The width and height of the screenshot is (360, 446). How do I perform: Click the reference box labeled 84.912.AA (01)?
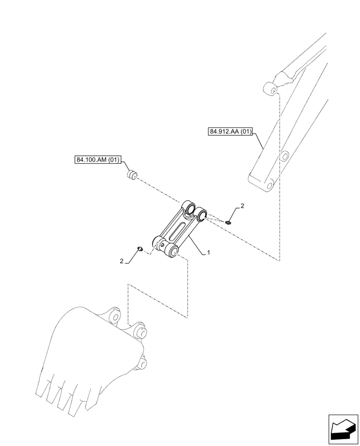coord(230,132)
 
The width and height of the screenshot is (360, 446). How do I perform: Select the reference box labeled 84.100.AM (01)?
coord(97,160)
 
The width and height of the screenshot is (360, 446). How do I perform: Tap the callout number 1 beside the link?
coord(208,253)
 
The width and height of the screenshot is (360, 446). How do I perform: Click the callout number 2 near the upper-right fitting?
coord(242,206)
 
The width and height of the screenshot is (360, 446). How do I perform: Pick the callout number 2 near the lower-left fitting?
coord(121,262)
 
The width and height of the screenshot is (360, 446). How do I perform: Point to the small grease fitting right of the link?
coord(229,221)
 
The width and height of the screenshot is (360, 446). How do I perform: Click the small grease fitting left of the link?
coord(139,248)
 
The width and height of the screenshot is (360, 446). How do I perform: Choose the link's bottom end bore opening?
coord(174,252)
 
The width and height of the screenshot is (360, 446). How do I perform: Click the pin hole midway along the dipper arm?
coord(282,156)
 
